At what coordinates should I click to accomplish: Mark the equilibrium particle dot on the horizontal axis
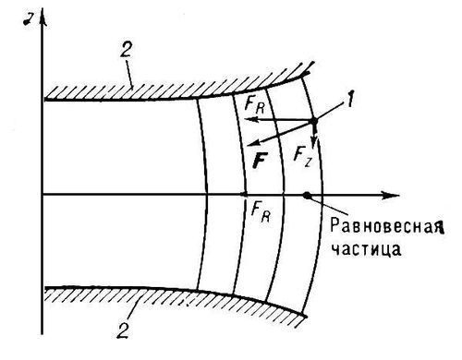[306, 195]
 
